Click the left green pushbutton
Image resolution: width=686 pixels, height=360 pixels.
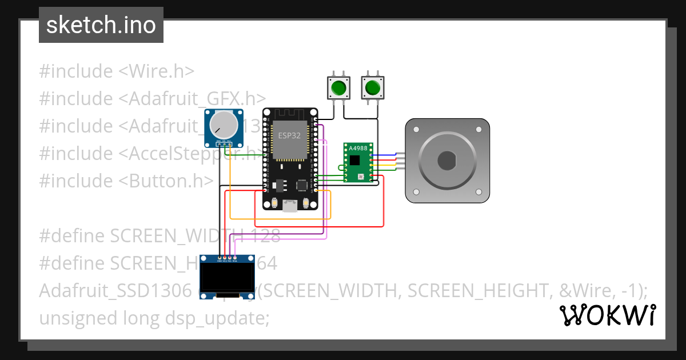click(x=338, y=88)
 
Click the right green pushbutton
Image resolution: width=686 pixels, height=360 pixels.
click(x=372, y=88)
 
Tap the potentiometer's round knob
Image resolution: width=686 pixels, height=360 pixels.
click(x=224, y=123)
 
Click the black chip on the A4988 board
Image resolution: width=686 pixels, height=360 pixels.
click(x=355, y=162)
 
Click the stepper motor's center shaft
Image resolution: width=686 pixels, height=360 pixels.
click(x=447, y=161)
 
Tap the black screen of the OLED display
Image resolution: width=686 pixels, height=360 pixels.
click(x=227, y=278)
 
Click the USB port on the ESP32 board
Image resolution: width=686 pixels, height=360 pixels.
click(x=290, y=206)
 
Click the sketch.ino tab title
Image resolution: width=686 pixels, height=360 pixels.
click(x=101, y=26)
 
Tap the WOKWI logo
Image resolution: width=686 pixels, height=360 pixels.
click(x=607, y=315)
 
